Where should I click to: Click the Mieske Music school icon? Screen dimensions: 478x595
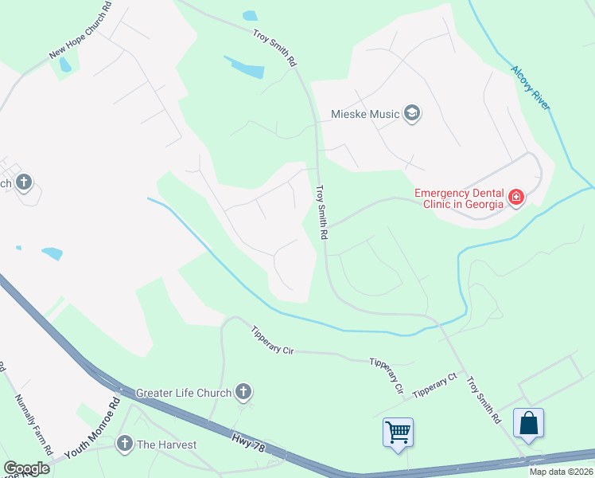point(412,114)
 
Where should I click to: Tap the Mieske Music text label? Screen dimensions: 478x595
point(365,115)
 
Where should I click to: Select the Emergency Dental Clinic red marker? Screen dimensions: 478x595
point(515,197)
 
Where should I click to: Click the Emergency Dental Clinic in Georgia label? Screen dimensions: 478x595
point(460,198)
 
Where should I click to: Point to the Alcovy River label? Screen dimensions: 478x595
point(531,88)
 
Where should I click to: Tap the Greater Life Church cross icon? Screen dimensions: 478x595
point(244,392)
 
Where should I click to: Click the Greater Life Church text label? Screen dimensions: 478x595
point(184,393)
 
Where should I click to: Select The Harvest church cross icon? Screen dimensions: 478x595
point(124,445)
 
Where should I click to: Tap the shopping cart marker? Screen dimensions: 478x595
point(398,433)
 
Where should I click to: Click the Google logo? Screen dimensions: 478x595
point(26,468)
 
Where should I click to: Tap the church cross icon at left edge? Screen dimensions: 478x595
point(24,183)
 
